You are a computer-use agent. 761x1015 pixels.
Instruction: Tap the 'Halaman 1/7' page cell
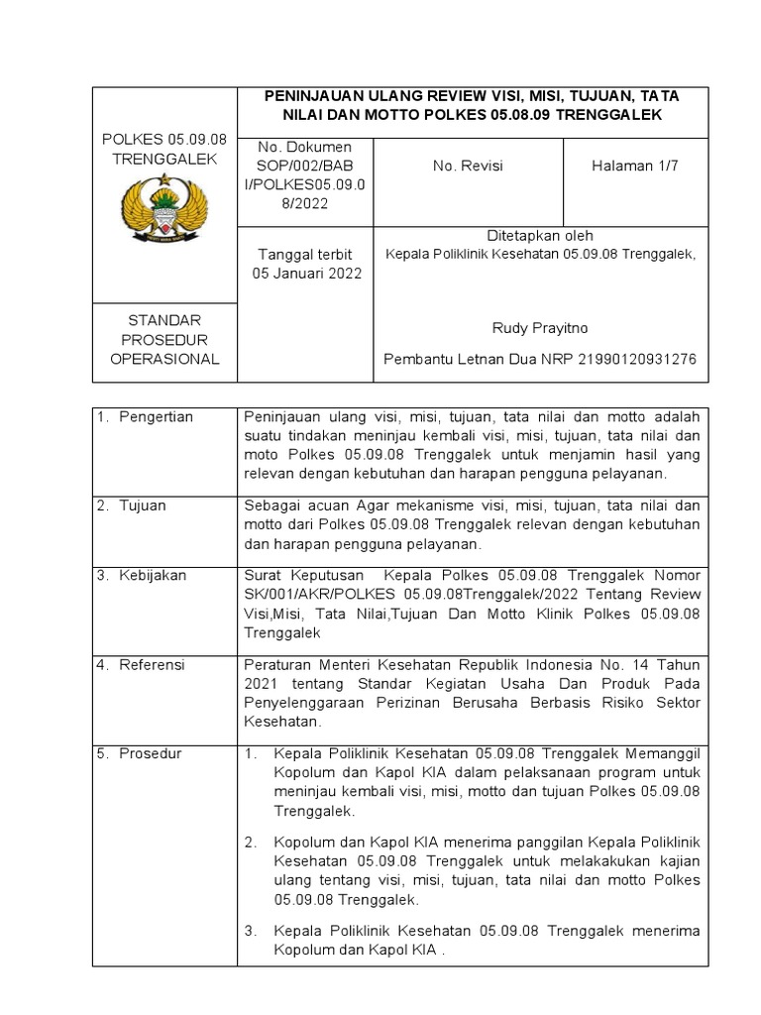pyautogui.click(x=634, y=166)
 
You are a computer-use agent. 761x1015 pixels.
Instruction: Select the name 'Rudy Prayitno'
pyautogui.click(x=539, y=328)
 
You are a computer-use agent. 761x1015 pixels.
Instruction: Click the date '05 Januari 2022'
pyautogui.click(x=307, y=273)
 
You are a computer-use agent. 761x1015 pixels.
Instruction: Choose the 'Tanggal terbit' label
pyautogui.click(x=304, y=255)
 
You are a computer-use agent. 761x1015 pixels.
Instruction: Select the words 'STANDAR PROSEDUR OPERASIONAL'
pyautogui.click(x=164, y=340)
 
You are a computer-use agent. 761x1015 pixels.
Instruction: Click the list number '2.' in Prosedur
pyautogui.click(x=252, y=843)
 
